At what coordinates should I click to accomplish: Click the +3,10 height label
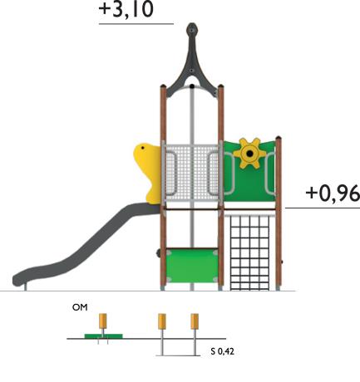click(x=126, y=9)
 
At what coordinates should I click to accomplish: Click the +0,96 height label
click(x=333, y=193)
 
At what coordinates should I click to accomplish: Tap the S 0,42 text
click(x=222, y=351)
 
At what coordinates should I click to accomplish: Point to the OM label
click(x=80, y=307)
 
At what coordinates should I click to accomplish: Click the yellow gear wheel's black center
click(x=250, y=154)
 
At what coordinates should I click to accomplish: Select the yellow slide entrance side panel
click(x=147, y=173)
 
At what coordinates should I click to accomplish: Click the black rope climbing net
click(x=249, y=252)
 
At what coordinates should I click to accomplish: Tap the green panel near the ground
click(x=192, y=266)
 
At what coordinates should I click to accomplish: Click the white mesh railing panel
click(x=192, y=172)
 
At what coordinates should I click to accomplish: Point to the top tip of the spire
click(x=192, y=23)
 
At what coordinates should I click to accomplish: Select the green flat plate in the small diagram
click(x=103, y=336)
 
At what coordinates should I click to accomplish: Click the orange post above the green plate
click(x=103, y=321)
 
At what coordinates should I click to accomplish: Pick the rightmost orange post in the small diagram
click(x=195, y=321)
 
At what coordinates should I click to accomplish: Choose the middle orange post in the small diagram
click(x=162, y=321)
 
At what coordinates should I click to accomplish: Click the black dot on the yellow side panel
click(x=142, y=148)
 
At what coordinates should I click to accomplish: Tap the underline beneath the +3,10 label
click(x=136, y=24)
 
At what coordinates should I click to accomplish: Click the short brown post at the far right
click(x=279, y=213)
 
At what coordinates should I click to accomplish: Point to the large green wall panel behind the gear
click(x=249, y=172)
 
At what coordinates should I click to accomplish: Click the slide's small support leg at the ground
click(x=26, y=287)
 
